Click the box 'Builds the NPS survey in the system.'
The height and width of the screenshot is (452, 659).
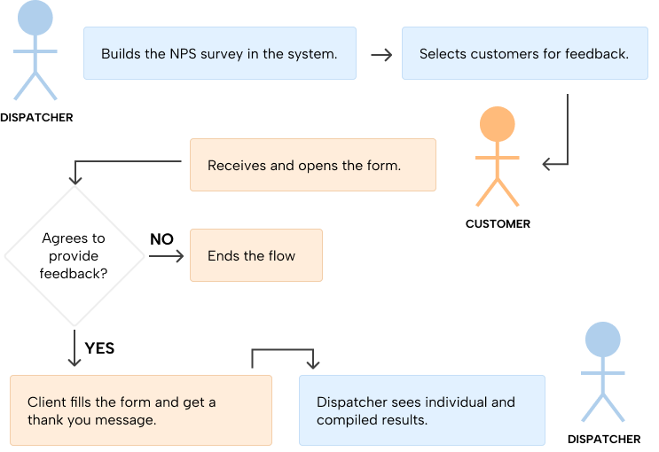point(219,53)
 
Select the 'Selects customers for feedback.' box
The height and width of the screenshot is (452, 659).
point(524,53)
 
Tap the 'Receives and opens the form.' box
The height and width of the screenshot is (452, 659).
point(312,165)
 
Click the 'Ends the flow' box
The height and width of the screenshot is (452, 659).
point(255,256)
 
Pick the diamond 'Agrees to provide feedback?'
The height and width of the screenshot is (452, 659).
point(75,256)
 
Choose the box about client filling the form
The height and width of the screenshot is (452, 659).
point(140,410)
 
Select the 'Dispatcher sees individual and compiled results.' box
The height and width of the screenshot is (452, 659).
point(421,410)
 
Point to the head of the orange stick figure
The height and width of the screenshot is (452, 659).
point(497,125)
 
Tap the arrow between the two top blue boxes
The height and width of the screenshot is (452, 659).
point(381,55)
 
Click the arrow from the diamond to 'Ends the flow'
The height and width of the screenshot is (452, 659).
point(167,256)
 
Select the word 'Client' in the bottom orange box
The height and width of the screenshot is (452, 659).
point(45,402)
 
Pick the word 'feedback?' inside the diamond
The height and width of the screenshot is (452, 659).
point(75,273)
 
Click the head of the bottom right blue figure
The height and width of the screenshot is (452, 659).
point(603,339)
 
